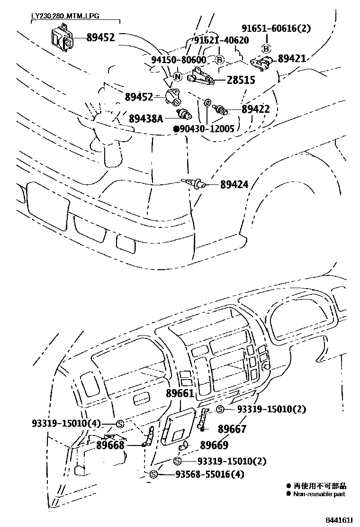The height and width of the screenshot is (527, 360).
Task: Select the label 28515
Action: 241,80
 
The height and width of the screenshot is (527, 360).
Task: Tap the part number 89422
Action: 255,109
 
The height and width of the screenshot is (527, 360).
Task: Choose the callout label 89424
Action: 234,184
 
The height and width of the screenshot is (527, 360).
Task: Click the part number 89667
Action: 232,429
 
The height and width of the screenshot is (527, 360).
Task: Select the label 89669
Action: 214,445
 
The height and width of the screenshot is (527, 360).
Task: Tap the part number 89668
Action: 110,445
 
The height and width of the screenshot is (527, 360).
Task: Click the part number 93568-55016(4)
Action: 209,474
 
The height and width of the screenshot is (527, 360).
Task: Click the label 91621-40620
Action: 221,40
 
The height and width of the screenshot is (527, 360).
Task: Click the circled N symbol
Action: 177,77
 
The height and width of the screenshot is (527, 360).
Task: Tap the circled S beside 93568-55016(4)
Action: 153,474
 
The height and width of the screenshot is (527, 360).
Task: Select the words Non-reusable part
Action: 319,494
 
